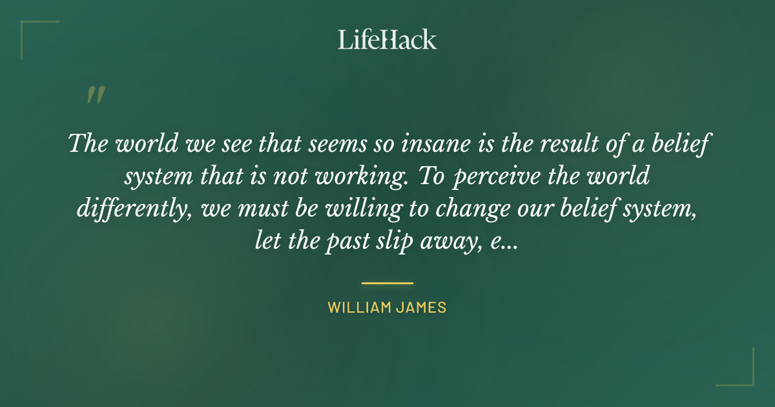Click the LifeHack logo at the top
point(387,39)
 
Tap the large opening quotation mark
point(95,95)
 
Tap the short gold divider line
point(387,283)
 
